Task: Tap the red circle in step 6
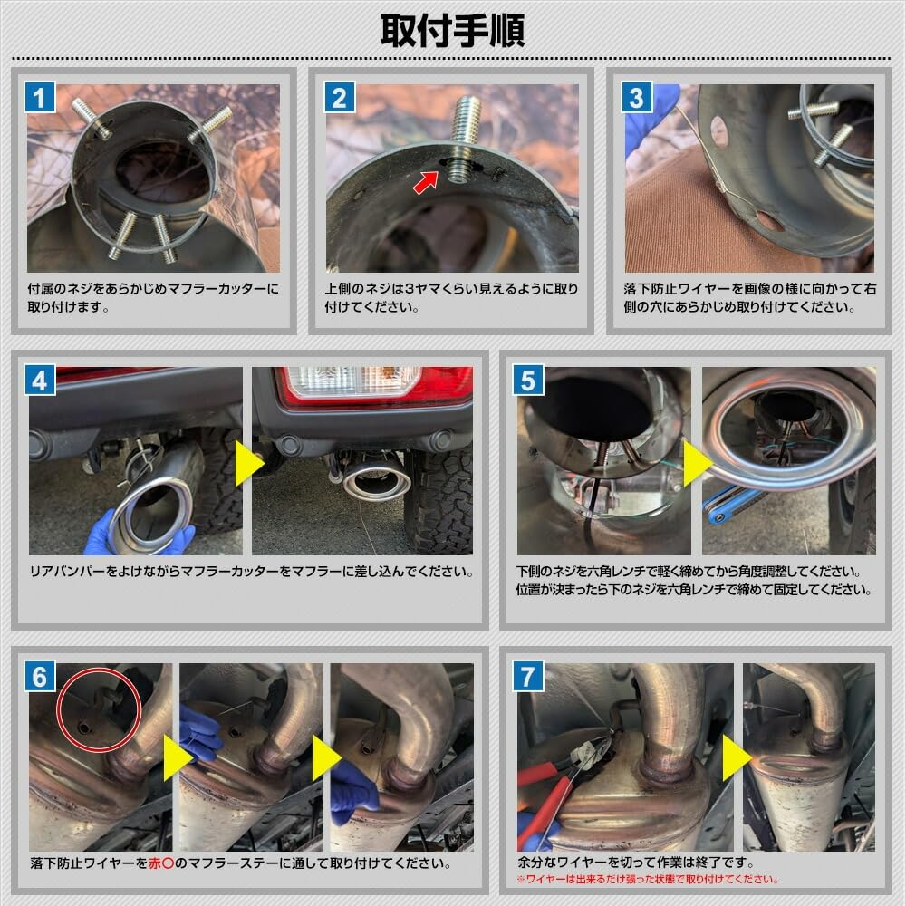coord(98,710)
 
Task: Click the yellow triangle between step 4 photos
coord(247,463)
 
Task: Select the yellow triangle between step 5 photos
coord(697,463)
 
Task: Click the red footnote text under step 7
coord(648,879)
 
